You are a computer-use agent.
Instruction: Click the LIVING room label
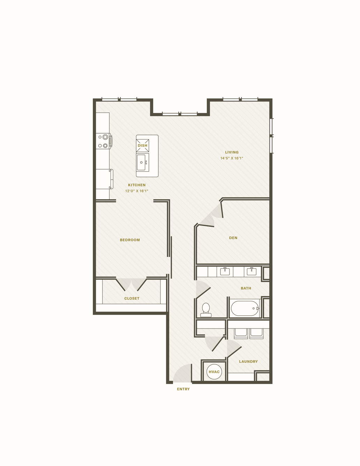pyautogui.click(x=232, y=152)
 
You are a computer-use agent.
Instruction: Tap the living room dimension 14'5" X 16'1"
pyautogui.click(x=232, y=158)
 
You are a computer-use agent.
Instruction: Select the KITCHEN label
pyautogui.click(x=137, y=185)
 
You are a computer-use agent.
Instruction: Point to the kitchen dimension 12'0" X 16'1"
pyautogui.click(x=137, y=191)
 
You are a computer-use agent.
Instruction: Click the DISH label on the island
pyautogui.click(x=143, y=145)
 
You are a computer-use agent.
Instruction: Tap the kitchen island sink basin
pyautogui.click(x=142, y=162)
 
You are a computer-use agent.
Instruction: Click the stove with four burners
pyautogui.click(x=104, y=141)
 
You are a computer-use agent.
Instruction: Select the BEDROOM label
pyautogui.click(x=130, y=240)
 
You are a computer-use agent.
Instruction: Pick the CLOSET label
pyautogui.click(x=132, y=299)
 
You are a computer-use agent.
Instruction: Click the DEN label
pyautogui.click(x=233, y=238)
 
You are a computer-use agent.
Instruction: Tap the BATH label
pyautogui.click(x=246, y=288)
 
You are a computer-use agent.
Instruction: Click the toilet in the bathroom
pyautogui.click(x=206, y=310)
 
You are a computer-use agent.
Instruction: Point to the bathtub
pyautogui.click(x=245, y=308)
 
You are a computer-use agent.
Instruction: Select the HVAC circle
pyautogui.click(x=214, y=371)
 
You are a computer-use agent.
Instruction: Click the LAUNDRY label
pyautogui.click(x=248, y=362)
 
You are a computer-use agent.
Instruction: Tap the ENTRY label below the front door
pyautogui.click(x=183, y=389)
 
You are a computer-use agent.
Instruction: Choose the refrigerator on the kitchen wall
pyautogui.click(x=104, y=179)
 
